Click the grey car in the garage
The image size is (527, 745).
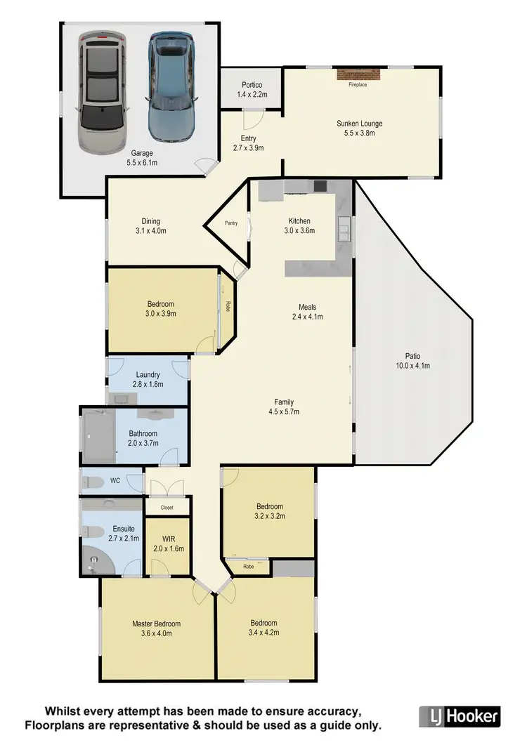tap(103, 95)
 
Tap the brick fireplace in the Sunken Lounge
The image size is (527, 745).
tap(358, 74)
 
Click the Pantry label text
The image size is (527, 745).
tap(231, 223)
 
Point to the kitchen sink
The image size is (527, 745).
tap(344, 230)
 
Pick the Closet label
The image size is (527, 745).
tap(167, 507)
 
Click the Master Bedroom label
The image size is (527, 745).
tap(156, 628)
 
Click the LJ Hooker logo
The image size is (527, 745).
tap(460, 716)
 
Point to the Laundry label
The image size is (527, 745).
tap(148, 379)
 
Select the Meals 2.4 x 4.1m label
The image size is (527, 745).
tap(306, 312)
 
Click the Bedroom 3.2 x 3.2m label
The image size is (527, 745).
tap(269, 510)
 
